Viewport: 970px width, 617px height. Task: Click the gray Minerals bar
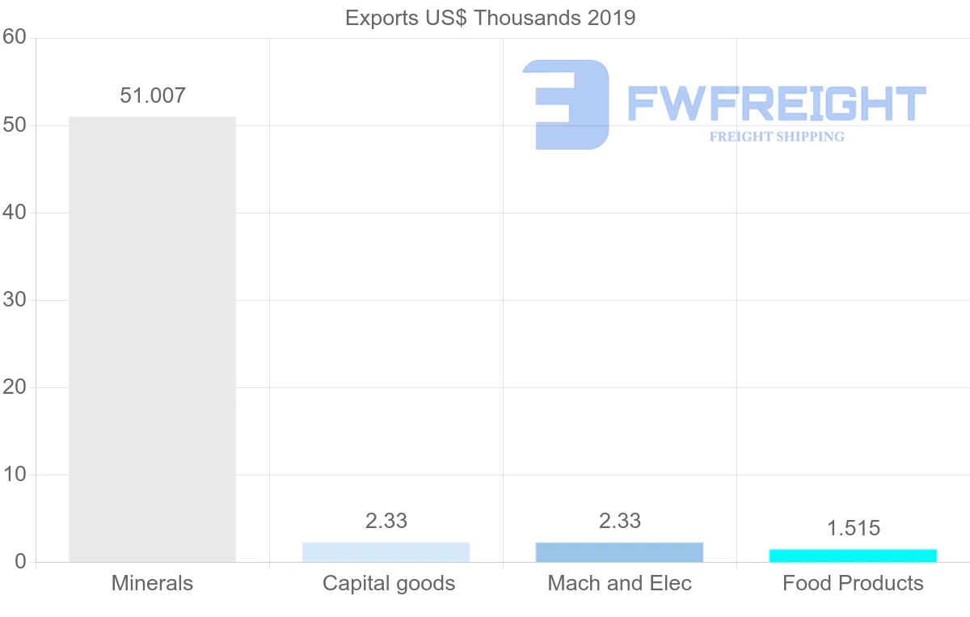coord(152,340)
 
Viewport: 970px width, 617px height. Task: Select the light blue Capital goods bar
coord(386,552)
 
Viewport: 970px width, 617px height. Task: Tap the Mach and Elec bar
coord(619,552)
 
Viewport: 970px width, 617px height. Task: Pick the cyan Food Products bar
coord(853,556)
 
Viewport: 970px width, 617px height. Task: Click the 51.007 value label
coord(153,95)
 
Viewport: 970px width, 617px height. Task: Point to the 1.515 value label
coord(853,528)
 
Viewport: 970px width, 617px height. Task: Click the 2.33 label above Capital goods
coord(386,521)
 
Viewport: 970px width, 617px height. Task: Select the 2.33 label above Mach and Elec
coord(620,521)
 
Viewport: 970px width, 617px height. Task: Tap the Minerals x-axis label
coord(152,583)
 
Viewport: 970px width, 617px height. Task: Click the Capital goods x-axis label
coord(389,583)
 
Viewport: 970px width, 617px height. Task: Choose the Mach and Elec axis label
coord(620,583)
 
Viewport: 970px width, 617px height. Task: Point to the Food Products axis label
coord(853,583)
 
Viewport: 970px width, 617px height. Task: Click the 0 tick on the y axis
coord(21,562)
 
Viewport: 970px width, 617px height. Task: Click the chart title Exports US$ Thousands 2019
coord(490,18)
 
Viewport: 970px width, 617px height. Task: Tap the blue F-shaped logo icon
coord(566,104)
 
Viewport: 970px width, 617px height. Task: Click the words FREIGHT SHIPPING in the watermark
coord(777,137)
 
